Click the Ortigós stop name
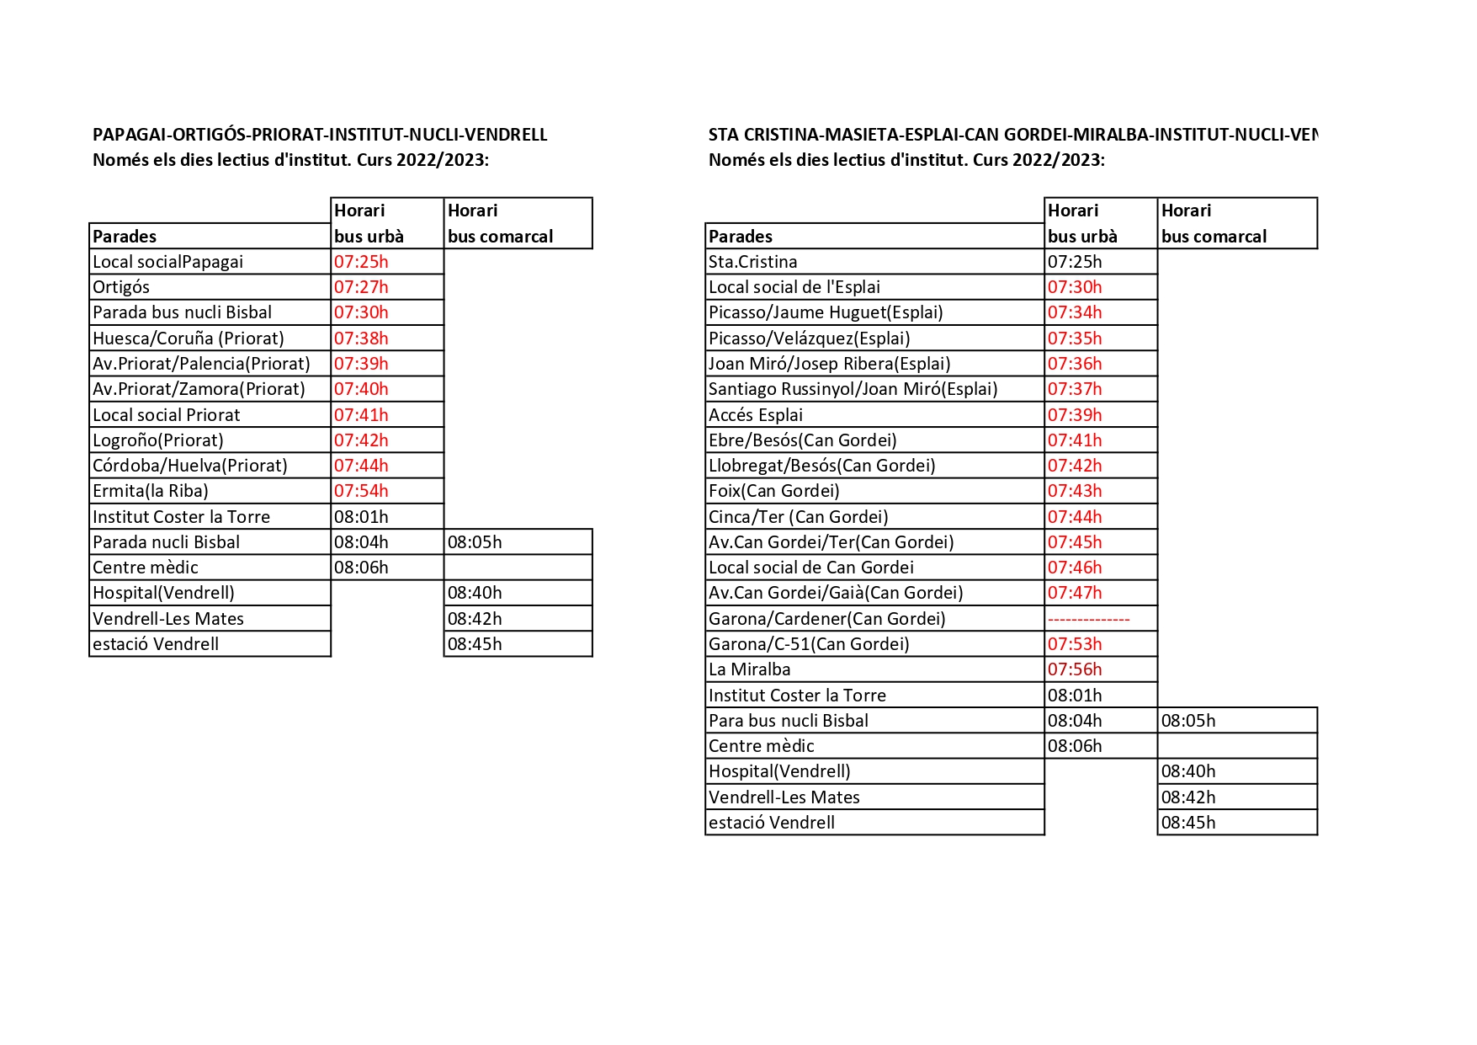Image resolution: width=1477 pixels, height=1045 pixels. pyautogui.click(x=121, y=287)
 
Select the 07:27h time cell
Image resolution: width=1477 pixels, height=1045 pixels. pyautogui.click(x=361, y=287)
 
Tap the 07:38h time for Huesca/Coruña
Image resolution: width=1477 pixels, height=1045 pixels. pyautogui.click(x=361, y=339)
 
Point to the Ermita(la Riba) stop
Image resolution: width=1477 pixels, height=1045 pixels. pyautogui.click(x=151, y=491)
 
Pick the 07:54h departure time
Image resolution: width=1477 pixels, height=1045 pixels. pyautogui.click(x=361, y=491)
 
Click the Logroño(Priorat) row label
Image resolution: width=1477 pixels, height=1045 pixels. pyautogui.click(x=158, y=440)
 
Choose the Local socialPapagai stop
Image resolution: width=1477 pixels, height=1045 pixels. pyautogui.click(x=167, y=262)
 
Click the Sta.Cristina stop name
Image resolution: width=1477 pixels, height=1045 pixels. pyautogui.click(x=752, y=262)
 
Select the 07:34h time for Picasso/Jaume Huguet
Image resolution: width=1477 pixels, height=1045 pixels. pyautogui.click(x=1075, y=312)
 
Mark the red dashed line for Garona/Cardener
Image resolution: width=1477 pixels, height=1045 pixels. pyautogui.click(x=1088, y=619)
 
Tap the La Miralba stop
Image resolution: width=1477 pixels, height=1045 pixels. pyautogui.click(x=749, y=669)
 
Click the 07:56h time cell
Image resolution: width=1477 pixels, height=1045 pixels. pyautogui.click(x=1075, y=669)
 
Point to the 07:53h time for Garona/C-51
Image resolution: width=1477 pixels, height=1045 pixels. pyautogui.click(x=1075, y=644)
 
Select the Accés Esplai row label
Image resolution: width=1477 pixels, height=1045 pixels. pyautogui.click(x=755, y=415)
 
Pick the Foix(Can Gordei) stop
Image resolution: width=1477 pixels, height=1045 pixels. pyautogui.click(x=773, y=491)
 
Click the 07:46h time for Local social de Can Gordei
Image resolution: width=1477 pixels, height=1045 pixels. pyautogui.click(x=1075, y=568)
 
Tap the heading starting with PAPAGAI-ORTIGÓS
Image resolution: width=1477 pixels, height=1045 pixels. pyautogui.click(x=320, y=135)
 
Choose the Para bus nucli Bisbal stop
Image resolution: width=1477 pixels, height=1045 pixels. pyautogui.click(x=788, y=721)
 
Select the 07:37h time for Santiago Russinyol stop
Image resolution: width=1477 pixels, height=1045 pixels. pyautogui.click(x=1075, y=389)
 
